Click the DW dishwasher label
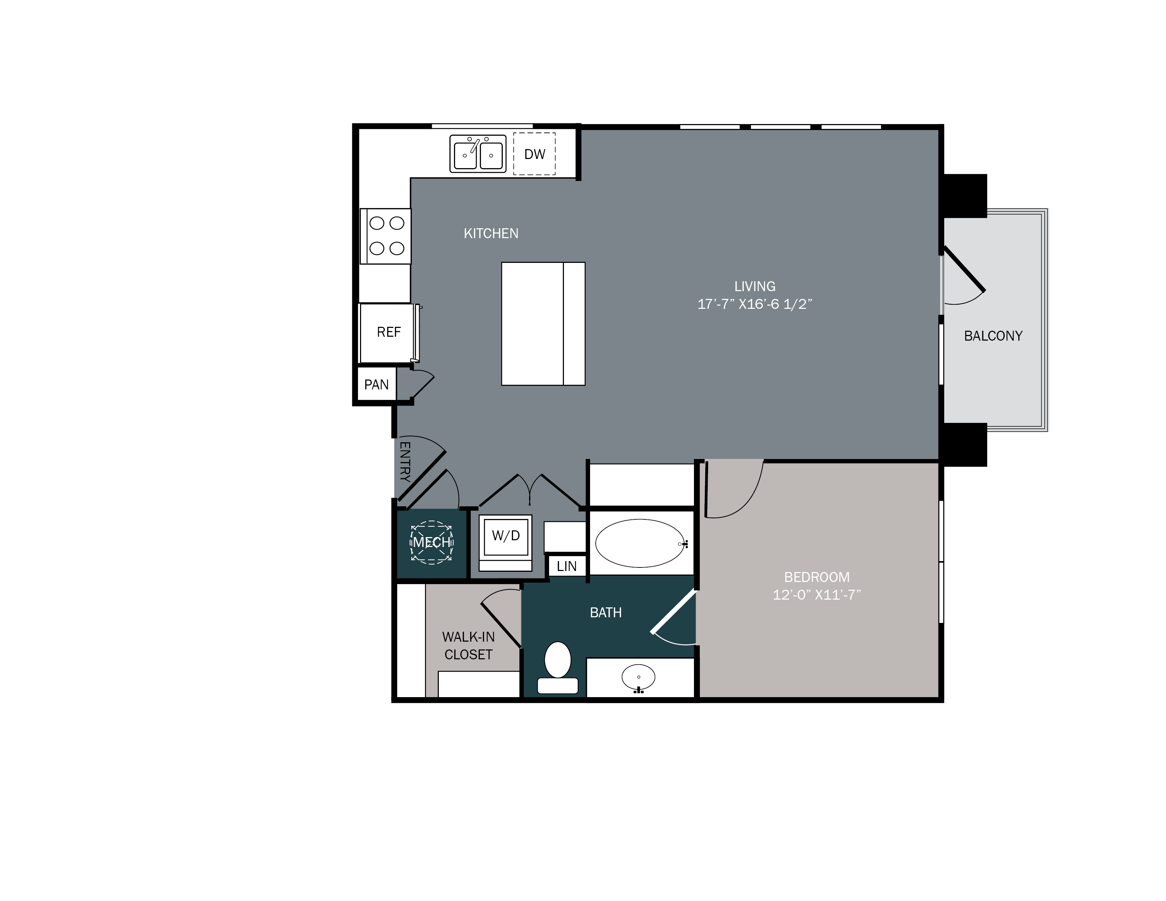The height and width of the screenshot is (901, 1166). (x=534, y=154)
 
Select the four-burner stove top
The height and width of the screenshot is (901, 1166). (x=387, y=236)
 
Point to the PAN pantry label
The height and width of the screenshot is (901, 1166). (x=376, y=385)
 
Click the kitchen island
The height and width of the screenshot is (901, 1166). (x=543, y=323)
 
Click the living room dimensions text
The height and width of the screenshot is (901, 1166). (x=754, y=304)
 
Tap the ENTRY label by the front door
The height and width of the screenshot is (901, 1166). (x=405, y=462)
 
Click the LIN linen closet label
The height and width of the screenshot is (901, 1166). (x=566, y=566)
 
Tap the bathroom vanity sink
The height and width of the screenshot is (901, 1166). (x=638, y=677)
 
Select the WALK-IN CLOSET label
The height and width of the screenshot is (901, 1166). (x=468, y=645)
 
